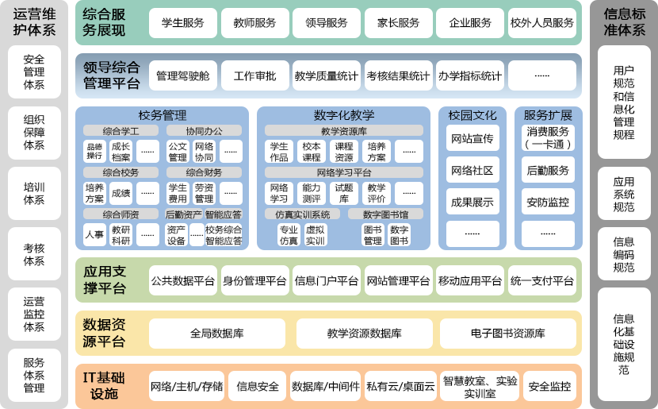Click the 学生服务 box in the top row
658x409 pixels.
click(182, 23)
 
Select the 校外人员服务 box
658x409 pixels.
click(542, 23)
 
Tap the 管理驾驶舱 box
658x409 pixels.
click(182, 76)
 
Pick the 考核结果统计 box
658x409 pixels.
click(398, 76)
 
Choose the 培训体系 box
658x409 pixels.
click(34, 194)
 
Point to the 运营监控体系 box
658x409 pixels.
click(34, 314)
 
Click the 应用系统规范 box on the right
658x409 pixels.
click(624, 195)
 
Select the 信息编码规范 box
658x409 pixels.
click(624, 254)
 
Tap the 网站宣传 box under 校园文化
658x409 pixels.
click(472, 139)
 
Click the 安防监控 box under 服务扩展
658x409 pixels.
click(547, 203)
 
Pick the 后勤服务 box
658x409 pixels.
click(547, 171)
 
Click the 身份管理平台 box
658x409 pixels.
click(254, 280)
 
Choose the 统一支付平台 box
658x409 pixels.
click(542, 280)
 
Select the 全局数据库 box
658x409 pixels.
click(217, 334)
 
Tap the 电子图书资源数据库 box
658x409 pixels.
click(507, 334)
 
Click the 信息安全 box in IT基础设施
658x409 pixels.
click(258, 387)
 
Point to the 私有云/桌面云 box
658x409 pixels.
click(401, 387)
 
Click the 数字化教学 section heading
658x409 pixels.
click(343, 115)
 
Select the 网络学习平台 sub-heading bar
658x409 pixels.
click(343, 172)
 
